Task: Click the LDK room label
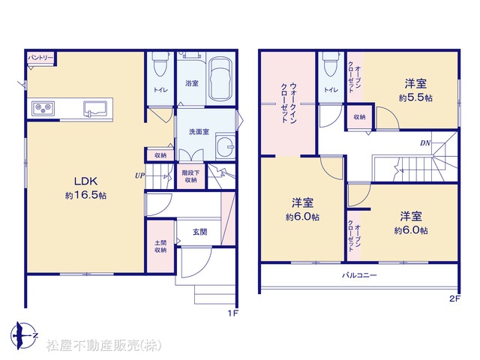pyautogui.click(x=85, y=181)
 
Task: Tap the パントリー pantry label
pyautogui.click(x=40, y=58)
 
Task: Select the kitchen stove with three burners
pyautogui.click(x=43, y=108)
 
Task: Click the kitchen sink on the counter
pyautogui.click(x=95, y=109)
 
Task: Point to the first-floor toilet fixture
pyautogui.click(x=160, y=64)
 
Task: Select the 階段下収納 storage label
pyautogui.click(x=190, y=176)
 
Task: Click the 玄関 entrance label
pyautogui.click(x=199, y=232)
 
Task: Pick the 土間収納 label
pyautogui.click(x=160, y=247)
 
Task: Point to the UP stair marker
pyautogui.click(x=139, y=175)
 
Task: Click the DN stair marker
pyautogui.click(x=425, y=143)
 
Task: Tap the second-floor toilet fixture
pyautogui.click(x=331, y=64)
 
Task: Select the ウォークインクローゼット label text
pyautogui.click(x=289, y=103)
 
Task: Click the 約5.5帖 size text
pyautogui.click(x=415, y=97)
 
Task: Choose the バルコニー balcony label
pyautogui.click(x=359, y=275)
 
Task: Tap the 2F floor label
pyautogui.click(x=455, y=299)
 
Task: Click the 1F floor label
pyautogui.click(x=232, y=313)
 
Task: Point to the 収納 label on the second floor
pyautogui.click(x=359, y=117)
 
